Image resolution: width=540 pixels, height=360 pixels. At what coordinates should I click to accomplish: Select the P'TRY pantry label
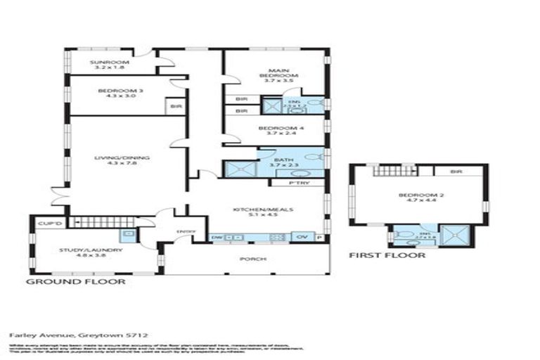297,184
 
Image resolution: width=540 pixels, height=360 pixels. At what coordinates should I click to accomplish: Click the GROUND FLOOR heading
76,281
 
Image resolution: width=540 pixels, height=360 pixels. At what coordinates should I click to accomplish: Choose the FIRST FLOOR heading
387,256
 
